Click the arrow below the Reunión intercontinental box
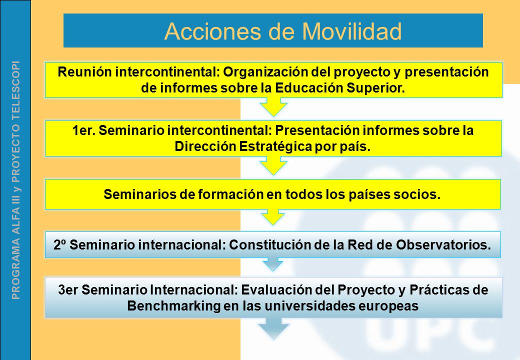click(273, 106)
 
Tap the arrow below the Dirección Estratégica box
click(273, 165)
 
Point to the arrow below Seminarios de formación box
click(273, 217)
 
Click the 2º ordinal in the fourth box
click(60, 245)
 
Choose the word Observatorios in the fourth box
click(443, 245)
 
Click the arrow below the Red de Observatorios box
click(273, 264)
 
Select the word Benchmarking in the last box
click(174, 305)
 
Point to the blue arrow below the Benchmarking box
click(273, 328)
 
